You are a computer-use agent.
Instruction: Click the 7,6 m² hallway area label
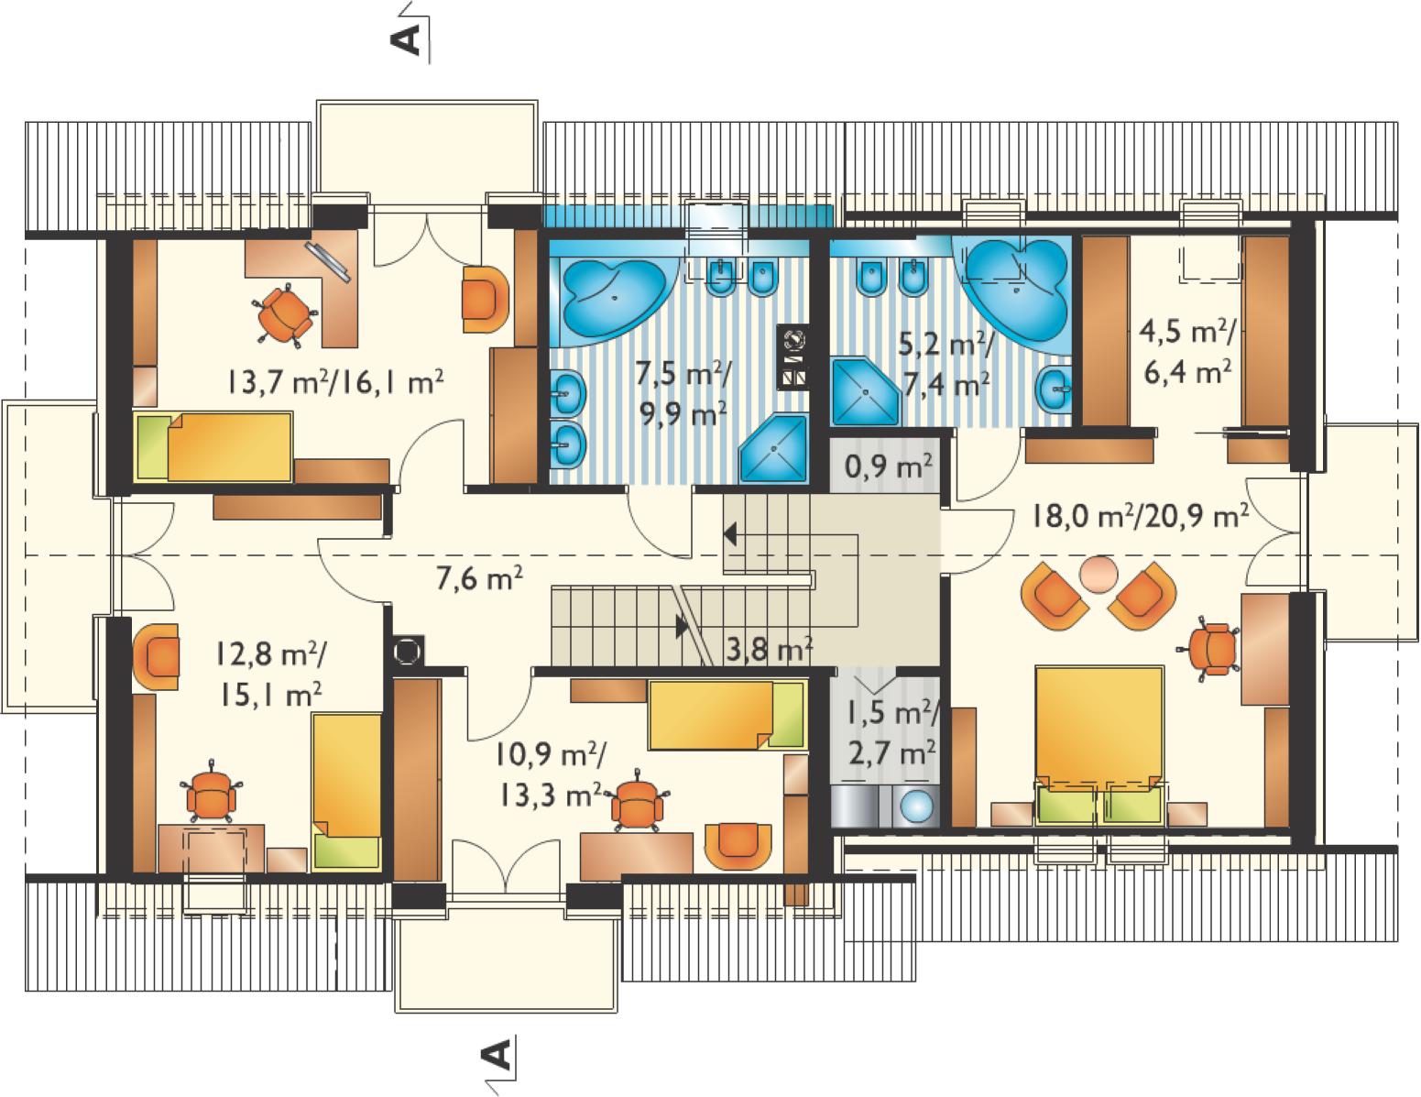coord(479,578)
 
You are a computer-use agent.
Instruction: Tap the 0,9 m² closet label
coord(888,466)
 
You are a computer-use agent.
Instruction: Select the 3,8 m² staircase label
coord(769,650)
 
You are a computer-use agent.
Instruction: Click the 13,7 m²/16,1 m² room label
coord(335,381)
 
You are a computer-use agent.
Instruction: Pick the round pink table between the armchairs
coord(1099,575)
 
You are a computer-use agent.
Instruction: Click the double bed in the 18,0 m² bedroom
coord(1099,744)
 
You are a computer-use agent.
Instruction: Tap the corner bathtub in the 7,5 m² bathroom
coord(613,298)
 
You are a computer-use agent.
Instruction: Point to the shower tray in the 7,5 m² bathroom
coord(773,449)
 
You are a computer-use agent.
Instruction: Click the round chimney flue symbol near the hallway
coord(408,651)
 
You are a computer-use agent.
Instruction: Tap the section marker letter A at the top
coord(406,40)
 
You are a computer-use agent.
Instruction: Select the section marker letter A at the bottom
coord(496,1055)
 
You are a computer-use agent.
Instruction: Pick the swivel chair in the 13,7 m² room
coord(285,314)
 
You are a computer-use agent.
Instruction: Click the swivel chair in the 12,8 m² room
coord(212,793)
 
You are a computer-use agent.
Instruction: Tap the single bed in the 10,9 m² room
coord(727,715)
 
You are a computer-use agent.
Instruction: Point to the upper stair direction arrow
coord(730,534)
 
